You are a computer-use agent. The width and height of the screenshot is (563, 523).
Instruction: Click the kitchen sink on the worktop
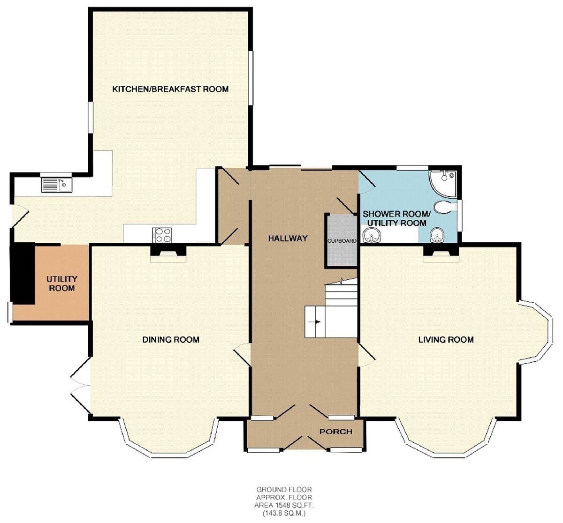pyautogui.click(x=56, y=186)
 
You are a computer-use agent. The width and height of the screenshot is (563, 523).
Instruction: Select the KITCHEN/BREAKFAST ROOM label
pyautogui.click(x=170, y=89)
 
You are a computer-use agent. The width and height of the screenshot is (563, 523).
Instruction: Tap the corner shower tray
pyautogui.click(x=443, y=182)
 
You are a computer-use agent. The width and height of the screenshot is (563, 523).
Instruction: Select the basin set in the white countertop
pyautogui.click(x=372, y=236)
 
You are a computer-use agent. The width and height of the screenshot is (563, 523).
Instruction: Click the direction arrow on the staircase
pyautogui.click(x=317, y=322)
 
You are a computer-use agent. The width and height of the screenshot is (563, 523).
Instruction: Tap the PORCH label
pyautogui.click(x=336, y=431)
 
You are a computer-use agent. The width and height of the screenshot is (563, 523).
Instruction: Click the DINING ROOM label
pyautogui.click(x=171, y=340)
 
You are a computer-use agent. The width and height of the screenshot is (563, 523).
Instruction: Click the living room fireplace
pyautogui.click(x=441, y=253)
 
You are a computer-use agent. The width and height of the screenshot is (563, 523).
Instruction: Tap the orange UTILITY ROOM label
pyautogui.click(x=61, y=284)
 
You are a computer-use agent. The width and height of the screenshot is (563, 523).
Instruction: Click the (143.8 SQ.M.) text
pyautogui.click(x=284, y=513)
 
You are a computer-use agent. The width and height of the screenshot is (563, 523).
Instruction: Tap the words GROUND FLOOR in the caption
pyautogui.click(x=284, y=490)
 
